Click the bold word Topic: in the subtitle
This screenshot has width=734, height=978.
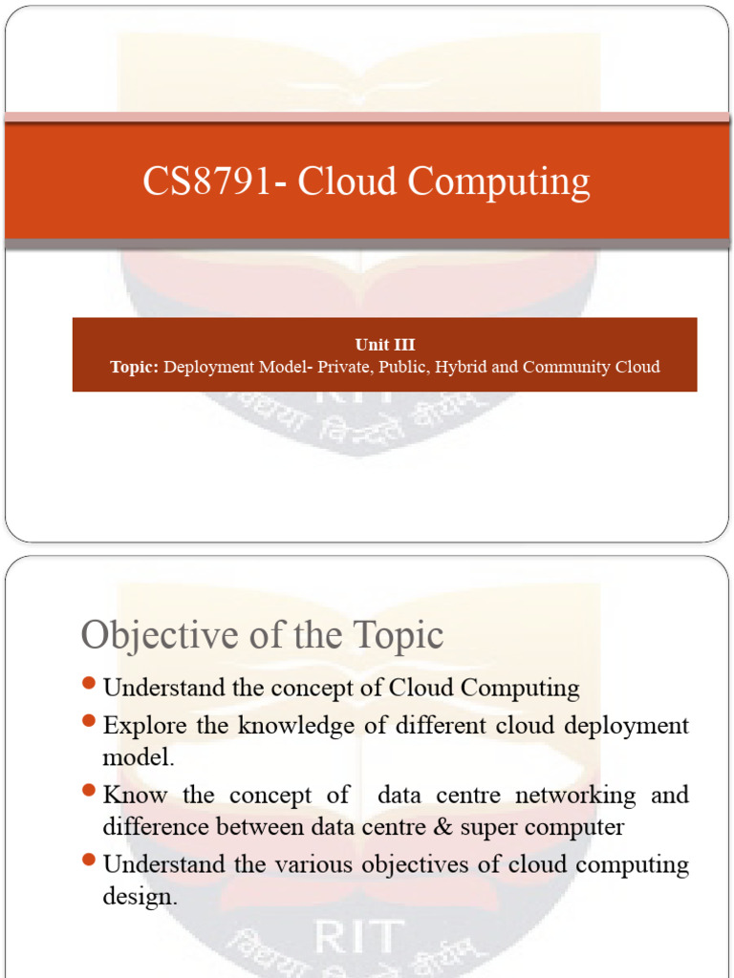[x=134, y=367]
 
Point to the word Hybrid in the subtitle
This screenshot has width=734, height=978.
[x=461, y=367]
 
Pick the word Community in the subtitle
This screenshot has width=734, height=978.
[x=566, y=367]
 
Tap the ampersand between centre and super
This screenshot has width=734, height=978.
[x=445, y=827]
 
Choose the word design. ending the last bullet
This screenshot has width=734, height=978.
[x=140, y=898]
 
